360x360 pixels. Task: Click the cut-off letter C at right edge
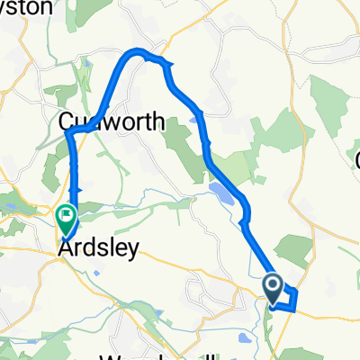click(356, 160)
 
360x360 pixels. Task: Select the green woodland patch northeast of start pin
click(293, 247)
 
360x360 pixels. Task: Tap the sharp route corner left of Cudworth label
click(68, 134)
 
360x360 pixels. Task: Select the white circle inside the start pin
click(273, 285)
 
